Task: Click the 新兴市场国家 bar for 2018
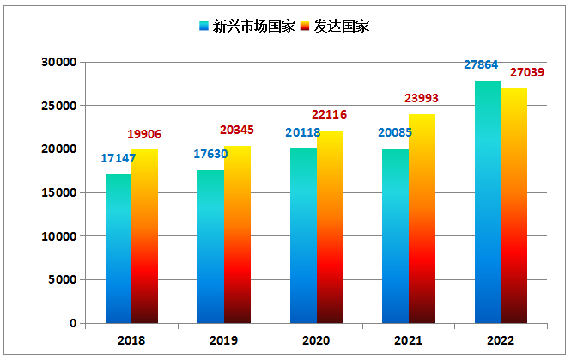coord(118,248)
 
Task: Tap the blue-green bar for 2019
coord(210,247)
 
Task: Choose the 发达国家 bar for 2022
coord(514,205)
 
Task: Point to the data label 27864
coord(481,65)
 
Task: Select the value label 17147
coord(118,158)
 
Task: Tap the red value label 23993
coord(422,99)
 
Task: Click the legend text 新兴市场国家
coord(253,26)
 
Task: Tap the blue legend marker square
coord(203,26)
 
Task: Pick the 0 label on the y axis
coord(73,324)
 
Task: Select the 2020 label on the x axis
coord(315,341)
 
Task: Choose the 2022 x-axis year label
coord(501,341)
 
